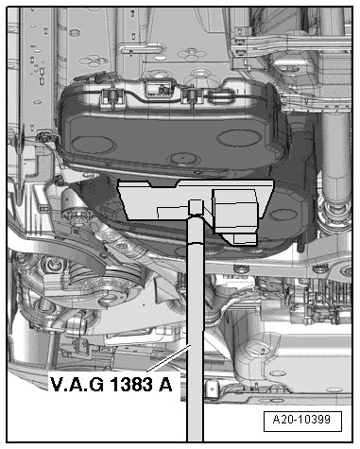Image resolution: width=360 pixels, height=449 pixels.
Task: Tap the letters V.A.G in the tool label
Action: pos(77,385)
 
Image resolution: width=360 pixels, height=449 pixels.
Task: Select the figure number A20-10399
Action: pos(301,420)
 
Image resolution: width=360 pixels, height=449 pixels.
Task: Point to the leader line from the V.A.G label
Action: pos(169,358)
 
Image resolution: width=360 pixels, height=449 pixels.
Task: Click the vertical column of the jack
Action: pos(196,328)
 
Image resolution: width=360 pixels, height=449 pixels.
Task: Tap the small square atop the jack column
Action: pos(196,207)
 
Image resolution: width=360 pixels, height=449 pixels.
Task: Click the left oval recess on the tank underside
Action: pos(94,145)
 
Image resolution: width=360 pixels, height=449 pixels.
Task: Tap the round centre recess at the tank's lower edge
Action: pos(184,159)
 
